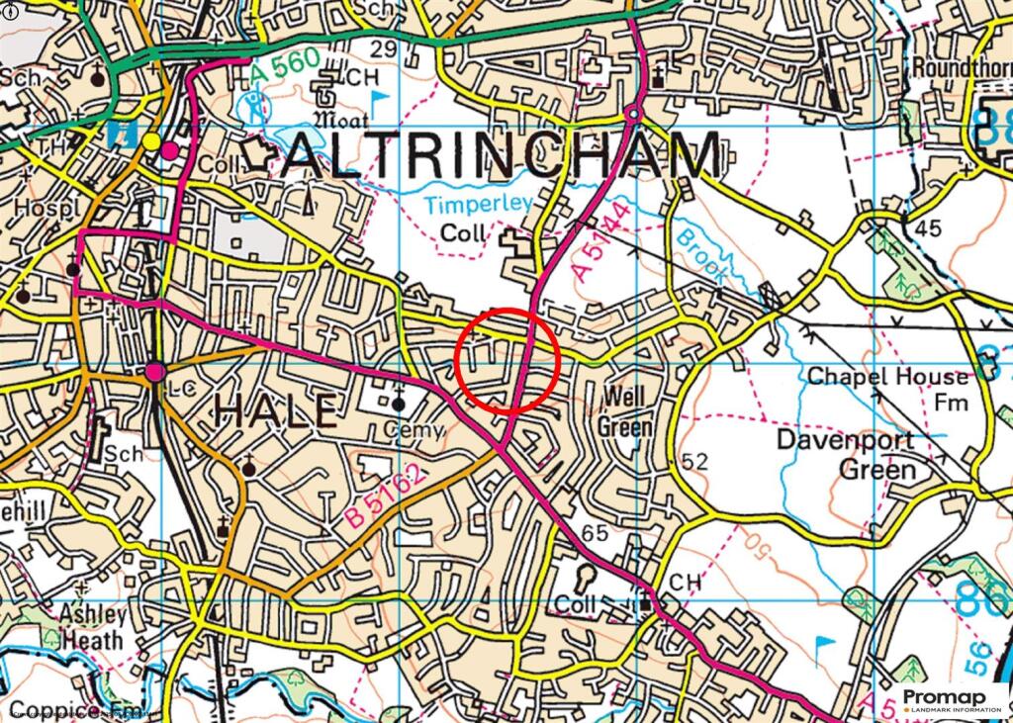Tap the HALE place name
coord(276,409)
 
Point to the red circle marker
coord(508,360)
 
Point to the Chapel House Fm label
coord(888,389)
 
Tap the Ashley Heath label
coord(91,627)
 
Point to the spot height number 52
coord(695,462)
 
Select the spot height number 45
coord(928,228)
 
